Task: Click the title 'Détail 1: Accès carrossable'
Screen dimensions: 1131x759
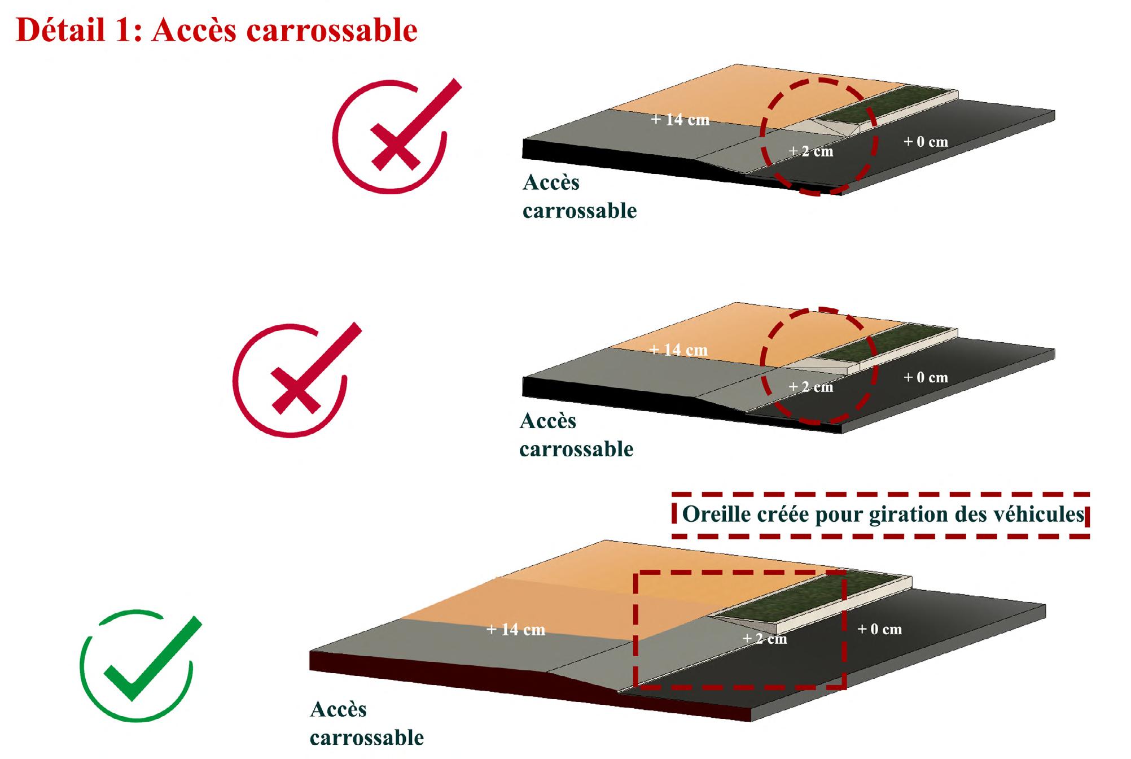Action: (217, 30)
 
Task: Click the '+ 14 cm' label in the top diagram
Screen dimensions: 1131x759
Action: (680, 120)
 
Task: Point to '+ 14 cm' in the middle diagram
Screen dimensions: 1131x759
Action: (678, 350)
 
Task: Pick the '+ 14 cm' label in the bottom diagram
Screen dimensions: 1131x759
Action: (516, 630)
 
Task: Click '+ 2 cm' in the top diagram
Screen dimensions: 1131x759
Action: (810, 151)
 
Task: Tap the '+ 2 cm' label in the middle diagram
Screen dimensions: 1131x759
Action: (810, 387)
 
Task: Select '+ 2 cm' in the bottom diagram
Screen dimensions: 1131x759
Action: (764, 639)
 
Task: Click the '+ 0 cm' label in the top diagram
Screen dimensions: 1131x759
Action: (926, 142)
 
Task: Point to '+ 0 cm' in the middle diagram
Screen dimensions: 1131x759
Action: (926, 377)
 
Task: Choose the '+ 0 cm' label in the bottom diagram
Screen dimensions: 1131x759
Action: (879, 629)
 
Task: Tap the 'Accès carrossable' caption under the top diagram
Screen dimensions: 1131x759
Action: (579, 197)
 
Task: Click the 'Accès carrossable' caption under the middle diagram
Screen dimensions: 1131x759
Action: (576, 435)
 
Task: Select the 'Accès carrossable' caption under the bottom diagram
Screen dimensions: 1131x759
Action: (366, 723)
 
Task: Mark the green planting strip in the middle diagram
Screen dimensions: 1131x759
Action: (886, 342)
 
